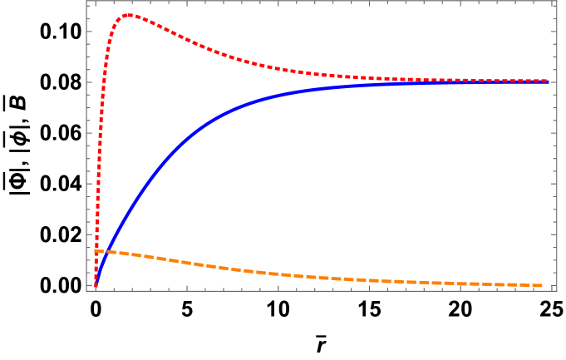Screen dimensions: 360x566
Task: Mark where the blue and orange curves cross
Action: [x=100, y=252]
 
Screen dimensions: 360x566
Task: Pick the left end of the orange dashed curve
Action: [x=96, y=250]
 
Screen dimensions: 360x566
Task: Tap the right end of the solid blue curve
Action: [x=549, y=81]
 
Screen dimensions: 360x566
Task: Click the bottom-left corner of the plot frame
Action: [x=86, y=290]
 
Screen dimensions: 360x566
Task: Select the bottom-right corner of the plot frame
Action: [x=556, y=290]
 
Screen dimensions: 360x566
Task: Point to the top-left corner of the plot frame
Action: [x=86, y=2]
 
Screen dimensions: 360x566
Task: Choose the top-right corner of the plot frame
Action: [x=556, y=2]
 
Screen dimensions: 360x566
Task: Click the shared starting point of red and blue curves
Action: [x=96, y=286]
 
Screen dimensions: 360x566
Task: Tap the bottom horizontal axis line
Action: [x=332, y=290]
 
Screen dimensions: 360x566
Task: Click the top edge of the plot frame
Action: [x=332, y=2]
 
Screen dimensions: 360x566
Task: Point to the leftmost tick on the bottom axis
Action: [x=96, y=288]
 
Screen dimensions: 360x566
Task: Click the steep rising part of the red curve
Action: [x=101, y=125]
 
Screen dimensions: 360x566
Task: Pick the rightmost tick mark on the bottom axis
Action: [x=552, y=288]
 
